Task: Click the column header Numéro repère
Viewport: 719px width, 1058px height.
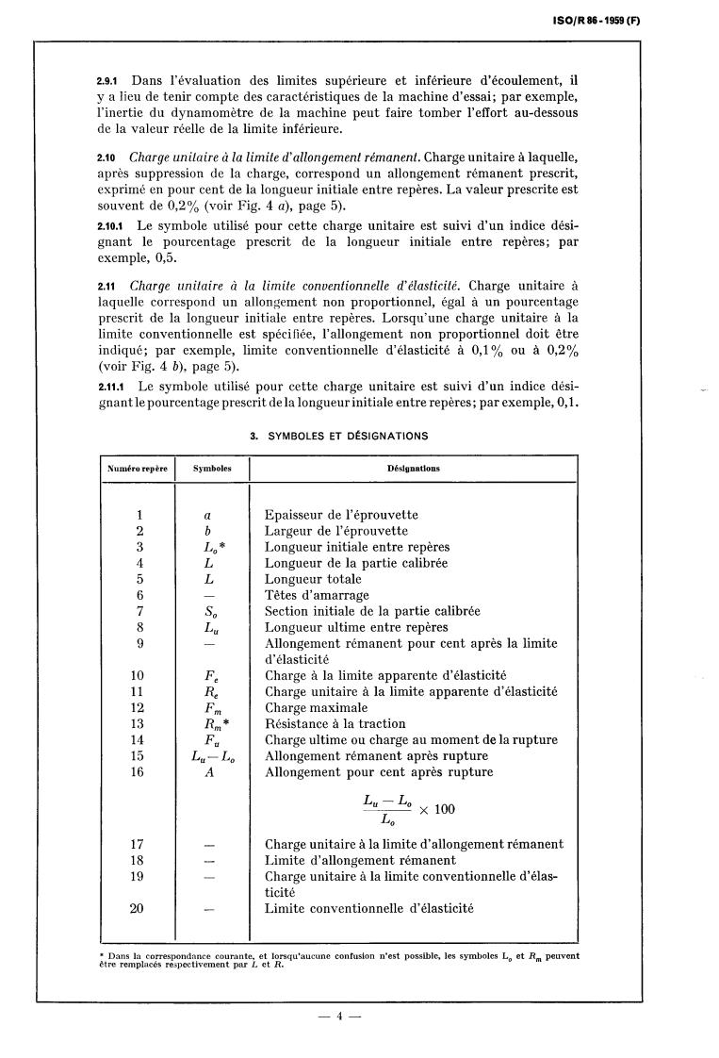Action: pyautogui.click(x=138, y=468)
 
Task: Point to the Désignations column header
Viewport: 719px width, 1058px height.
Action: pyautogui.click(x=415, y=468)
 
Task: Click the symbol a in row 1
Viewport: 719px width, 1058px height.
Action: pyautogui.click(x=207, y=515)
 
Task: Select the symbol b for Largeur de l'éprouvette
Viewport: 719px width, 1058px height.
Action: pyautogui.click(x=207, y=531)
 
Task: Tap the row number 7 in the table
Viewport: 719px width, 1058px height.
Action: pyautogui.click(x=139, y=611)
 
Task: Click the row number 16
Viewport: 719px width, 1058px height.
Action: pyautogui.click(x=139, y=772)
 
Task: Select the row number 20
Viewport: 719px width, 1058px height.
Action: pyautogui.click(x=139, y=909)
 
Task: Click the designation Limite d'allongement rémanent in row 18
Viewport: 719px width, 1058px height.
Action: pyautogui.click(x=360, y=860)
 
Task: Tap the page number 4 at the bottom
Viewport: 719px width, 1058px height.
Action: pyautogui.click(x=339, y=1017)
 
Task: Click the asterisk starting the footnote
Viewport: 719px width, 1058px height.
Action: pyautogui.click(x=101, y=955)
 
